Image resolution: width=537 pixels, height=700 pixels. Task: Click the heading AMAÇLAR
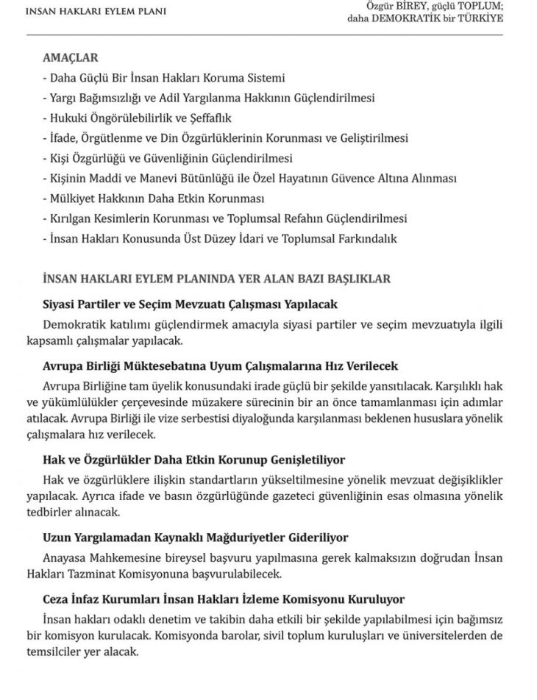point(71,58)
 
